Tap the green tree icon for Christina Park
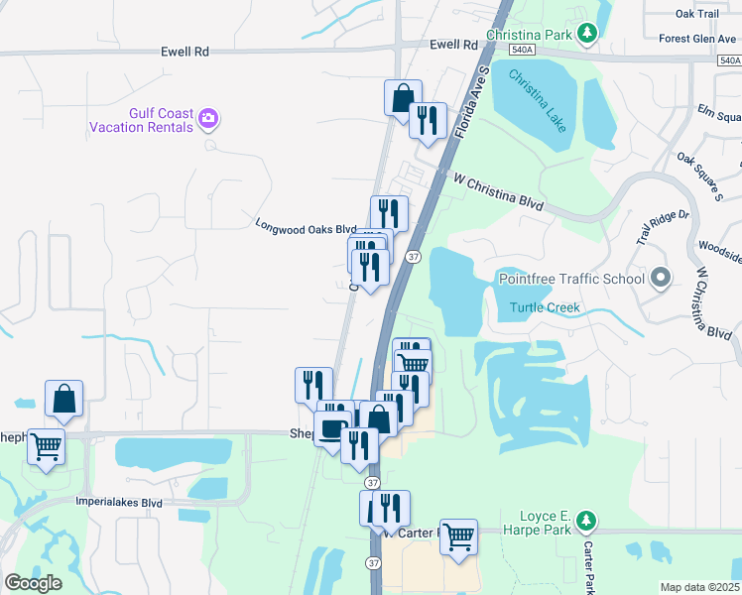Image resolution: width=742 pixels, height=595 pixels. [x=588, y=34]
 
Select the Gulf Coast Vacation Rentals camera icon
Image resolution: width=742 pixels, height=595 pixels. [x=208, y=119]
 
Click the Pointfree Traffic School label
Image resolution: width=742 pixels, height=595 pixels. [x=570, y=278]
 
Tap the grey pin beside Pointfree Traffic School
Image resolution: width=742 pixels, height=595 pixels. [x=661, y=278]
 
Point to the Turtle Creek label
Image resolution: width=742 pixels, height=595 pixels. [x=545, y=307]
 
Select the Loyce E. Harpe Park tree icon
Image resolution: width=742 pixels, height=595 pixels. [x=586, y=520]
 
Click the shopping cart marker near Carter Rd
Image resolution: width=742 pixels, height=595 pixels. [x=458, y=536]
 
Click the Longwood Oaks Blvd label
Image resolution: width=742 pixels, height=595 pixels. [x=306, y=227]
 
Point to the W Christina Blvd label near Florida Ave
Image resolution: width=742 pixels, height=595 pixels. [x=498, y=191]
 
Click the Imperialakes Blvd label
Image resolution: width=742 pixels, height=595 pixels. [x=118, y=503]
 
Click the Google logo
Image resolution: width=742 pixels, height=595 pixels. [x=34, y=583]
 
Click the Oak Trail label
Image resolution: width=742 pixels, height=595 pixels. [x=696, y=14]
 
